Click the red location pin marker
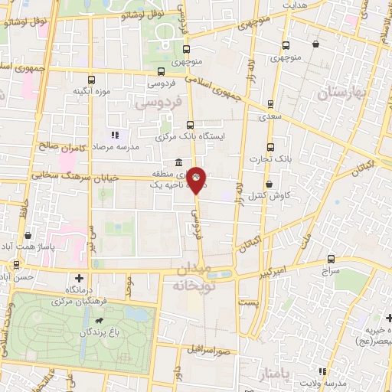point(197,179)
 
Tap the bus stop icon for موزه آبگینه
point(91,79)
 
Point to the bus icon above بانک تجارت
point(269,147)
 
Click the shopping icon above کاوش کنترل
point(271,184)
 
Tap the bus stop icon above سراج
point(331,259)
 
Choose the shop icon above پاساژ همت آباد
point(28,235)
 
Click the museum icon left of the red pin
point(178,162)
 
